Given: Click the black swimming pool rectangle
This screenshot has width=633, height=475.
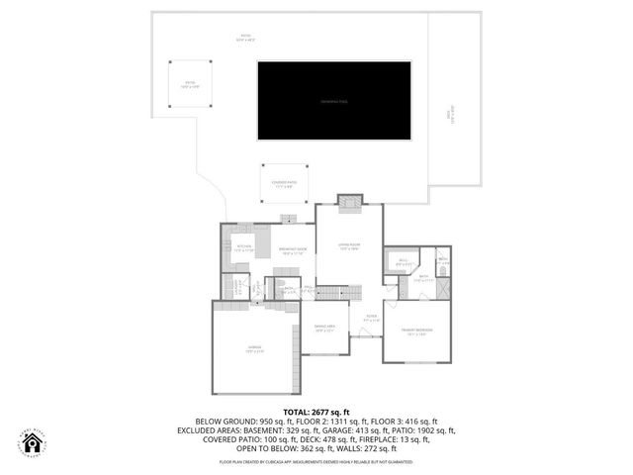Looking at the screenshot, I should (333, 100).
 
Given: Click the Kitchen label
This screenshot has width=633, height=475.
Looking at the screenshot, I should (243, 247).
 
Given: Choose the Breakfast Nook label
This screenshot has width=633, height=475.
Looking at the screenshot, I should (291, 249).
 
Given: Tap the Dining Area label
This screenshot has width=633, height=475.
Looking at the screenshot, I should (325, 329).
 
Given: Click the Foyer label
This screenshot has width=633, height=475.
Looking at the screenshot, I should (370, 319).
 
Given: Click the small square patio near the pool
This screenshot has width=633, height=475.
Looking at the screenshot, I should (188, 84).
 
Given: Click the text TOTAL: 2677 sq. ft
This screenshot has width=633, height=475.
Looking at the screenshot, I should (316, 411).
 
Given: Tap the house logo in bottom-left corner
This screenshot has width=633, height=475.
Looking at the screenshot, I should (33, 442).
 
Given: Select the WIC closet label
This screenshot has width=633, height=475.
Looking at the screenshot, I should (404, 263).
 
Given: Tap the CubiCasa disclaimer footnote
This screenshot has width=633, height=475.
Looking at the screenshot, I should (316, 461).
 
